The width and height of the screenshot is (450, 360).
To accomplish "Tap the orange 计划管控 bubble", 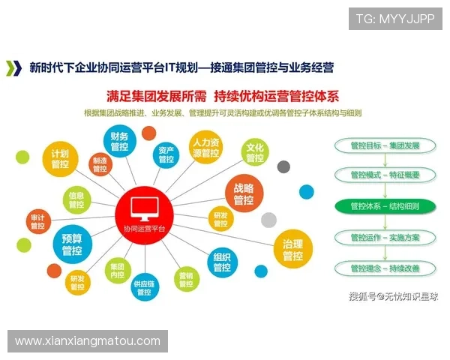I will pyautogui.click(x=61, y=158).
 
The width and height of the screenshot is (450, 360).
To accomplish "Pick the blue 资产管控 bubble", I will pyautogui.click(x=166, y=154).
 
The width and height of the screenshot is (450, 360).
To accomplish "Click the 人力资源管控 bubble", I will pyautogui.click(x=205, y=148).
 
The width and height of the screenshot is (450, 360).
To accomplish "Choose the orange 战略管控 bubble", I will pyautogui.click(x=244, y=193).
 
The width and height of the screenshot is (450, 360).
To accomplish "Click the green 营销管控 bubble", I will pyautogui.click(x=184, y=279).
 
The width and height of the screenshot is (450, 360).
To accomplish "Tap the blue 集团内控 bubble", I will pyautogui.click(x=117, y=271).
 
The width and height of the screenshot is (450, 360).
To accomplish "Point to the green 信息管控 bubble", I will pyautogui.click(x=76, y=199).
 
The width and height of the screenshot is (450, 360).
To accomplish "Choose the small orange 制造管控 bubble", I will pyautogui.click(x=100, y=165).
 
